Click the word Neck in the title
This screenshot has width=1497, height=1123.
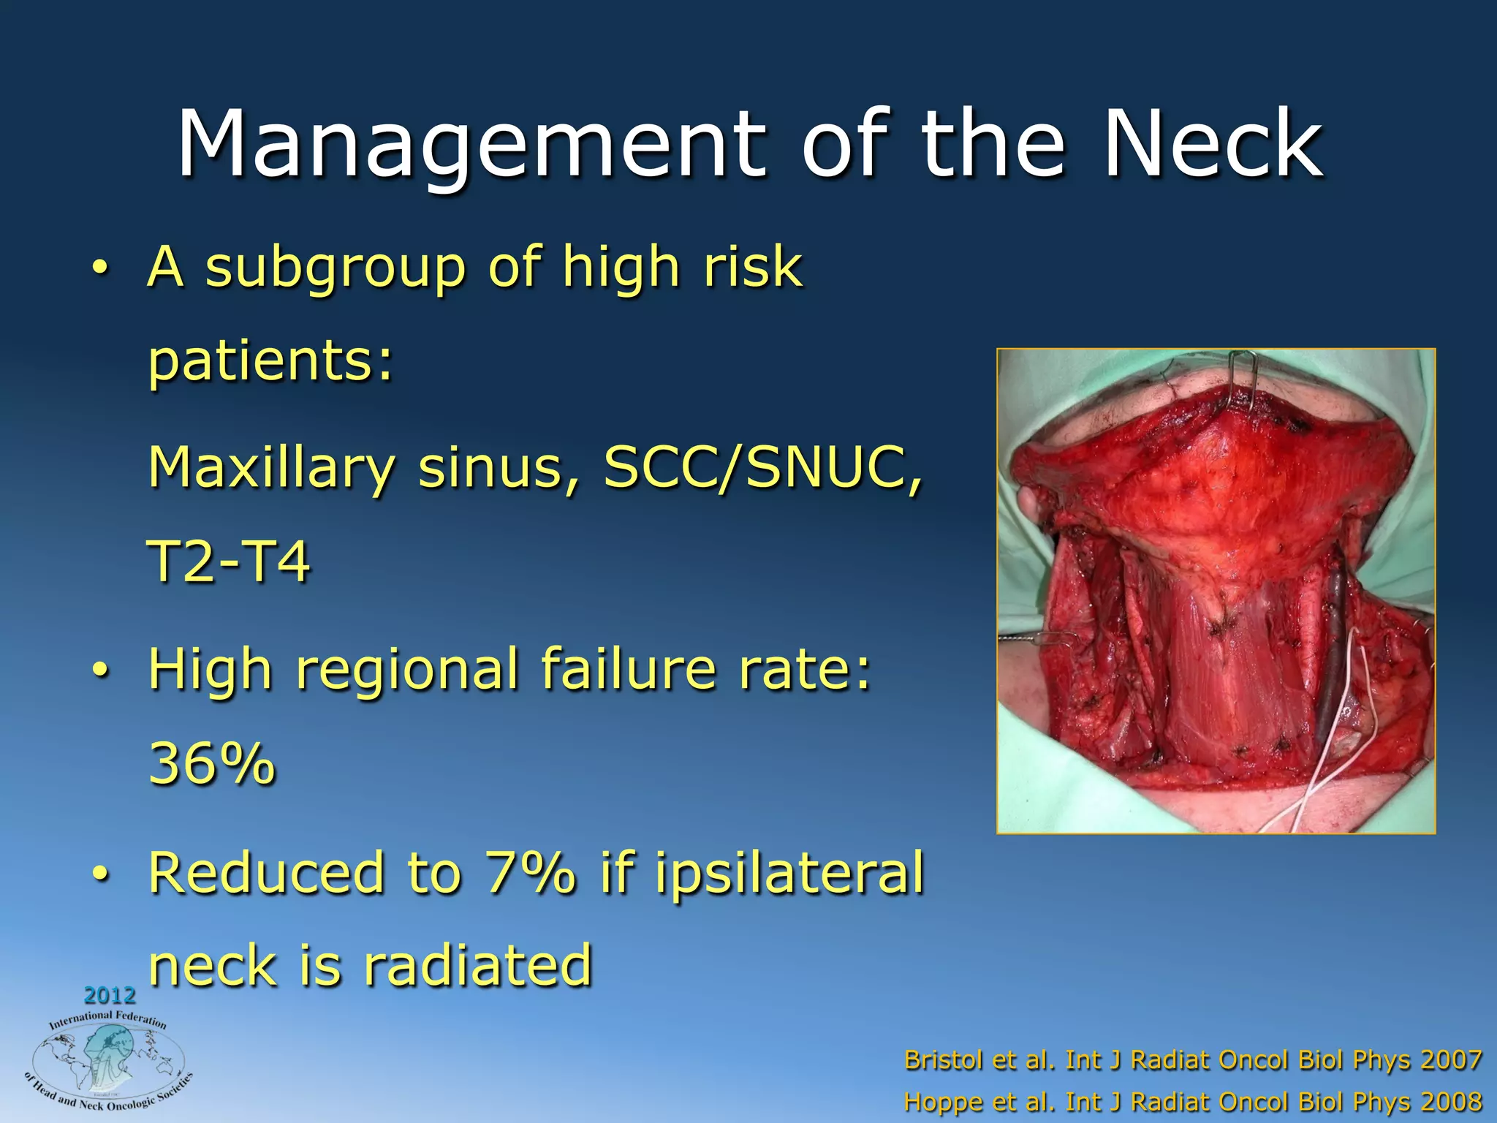click(x=1213, y=145)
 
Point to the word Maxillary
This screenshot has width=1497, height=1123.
click(x=270, y=469)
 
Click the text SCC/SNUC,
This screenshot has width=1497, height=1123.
click(x=762, y=469)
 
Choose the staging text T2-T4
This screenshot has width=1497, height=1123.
click(x=229, y=561)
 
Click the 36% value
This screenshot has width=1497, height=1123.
click(x=212, y=764)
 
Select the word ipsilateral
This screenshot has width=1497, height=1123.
click(x=789, y=874)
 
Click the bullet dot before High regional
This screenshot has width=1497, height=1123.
click(x=101, y=670)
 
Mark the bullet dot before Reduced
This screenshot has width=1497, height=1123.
click(x=101, y=873)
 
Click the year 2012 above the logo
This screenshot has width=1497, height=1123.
click(x=110, y=995)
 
